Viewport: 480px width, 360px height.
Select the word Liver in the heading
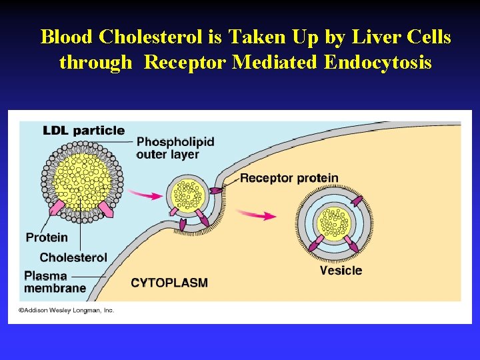[x=375, y=37]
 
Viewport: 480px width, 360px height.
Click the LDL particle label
[x=83, y=130]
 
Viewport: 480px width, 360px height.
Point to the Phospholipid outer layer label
[x=175, y=148]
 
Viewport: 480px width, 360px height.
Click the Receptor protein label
[x=289, y=178]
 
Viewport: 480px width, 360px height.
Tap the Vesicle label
[x=341, y=270]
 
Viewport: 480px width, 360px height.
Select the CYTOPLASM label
[x=169, y=283]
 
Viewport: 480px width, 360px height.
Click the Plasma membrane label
[x=55, y=282]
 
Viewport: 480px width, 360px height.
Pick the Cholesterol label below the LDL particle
[x=73, y=257]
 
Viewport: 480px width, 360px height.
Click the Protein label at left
[x=47, y=237]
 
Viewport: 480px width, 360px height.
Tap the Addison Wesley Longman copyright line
[x=66, y=310]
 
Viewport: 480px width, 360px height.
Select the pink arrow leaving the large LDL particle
[x=145, y=195]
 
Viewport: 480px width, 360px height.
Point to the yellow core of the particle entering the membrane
[x=190, y=195]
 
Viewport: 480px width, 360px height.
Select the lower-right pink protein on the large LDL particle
[x=105, y=210]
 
